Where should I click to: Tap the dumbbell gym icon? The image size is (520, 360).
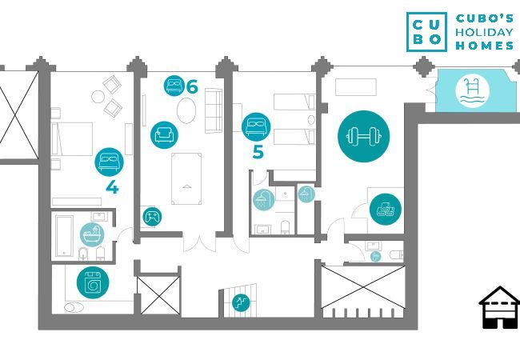point(363,136)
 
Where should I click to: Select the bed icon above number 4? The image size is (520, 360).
point(110,162)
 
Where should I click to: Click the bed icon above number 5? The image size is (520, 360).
point(257,126)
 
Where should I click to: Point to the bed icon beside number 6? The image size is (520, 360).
point(174,86)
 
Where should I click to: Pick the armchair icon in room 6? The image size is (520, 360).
point(164,133)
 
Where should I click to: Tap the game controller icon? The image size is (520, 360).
point(152,216)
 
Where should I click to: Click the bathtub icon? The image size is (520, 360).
point(93,234)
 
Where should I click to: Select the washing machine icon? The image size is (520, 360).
point(91,283)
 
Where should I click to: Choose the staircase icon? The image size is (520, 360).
point(238,302)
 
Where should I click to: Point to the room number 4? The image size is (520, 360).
point(112,188)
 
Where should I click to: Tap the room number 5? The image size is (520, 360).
point(258,152)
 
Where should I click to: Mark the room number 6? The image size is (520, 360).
point(192,86)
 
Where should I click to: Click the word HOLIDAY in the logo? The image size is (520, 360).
point(485,31)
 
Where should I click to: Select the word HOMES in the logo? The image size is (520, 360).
point(485,46)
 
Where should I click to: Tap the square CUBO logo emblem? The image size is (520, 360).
point(426,31)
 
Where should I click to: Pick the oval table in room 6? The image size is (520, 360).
point(185,110)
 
